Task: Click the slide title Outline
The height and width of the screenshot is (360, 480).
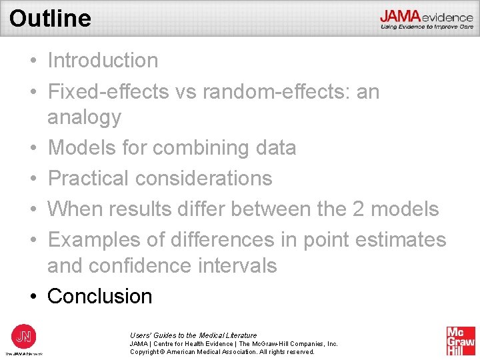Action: pyautogui.click(x=50, y=18)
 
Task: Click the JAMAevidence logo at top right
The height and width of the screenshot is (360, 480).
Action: pyautogui.click(x=427, y=18)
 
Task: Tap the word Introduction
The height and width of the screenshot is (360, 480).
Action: pyautogui.click(x=103, y=61)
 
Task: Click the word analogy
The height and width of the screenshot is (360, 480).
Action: pyautogui.click(x=84, y=117)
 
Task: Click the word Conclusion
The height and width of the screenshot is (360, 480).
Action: pyautogui.click(x=100, y=296)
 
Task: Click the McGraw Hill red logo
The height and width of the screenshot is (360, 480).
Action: pyautogui.click(x=461, y=341)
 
